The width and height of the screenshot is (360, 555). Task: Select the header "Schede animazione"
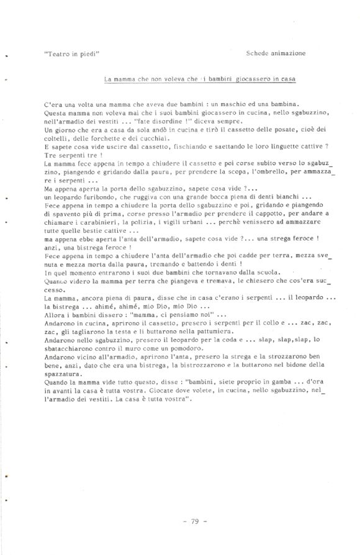coord(275,54)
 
